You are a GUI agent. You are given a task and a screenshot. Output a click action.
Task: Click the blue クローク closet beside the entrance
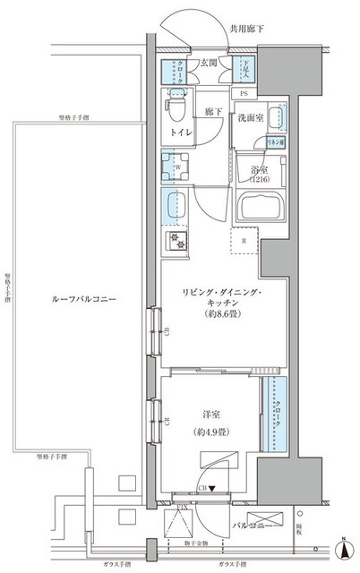173,72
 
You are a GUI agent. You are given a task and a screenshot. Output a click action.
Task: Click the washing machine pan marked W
173,166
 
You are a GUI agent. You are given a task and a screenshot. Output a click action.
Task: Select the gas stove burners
173,240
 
